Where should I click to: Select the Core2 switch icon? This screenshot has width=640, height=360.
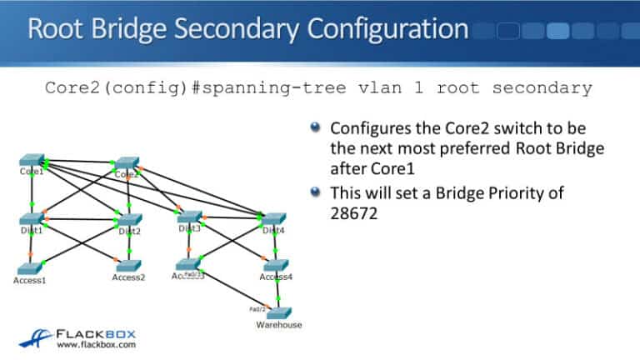click(127, 163)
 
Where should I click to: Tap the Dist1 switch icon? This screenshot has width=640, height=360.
click(32, 220)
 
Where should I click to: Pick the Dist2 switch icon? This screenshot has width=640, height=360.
click(127, 221)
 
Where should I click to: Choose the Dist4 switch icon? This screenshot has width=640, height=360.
click(273, 220)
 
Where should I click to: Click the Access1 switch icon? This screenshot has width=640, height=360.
click(29, 268)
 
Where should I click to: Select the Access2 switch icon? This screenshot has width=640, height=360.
click(128, 266)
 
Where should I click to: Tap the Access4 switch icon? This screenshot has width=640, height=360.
click(275, 266)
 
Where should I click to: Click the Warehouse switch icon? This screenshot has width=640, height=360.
click(278, 313)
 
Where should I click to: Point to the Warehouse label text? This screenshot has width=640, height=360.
click(278, 325)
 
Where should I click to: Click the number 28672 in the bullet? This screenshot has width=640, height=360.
click(353, 214)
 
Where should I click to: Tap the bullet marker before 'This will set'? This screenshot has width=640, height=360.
click(314, 192)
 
